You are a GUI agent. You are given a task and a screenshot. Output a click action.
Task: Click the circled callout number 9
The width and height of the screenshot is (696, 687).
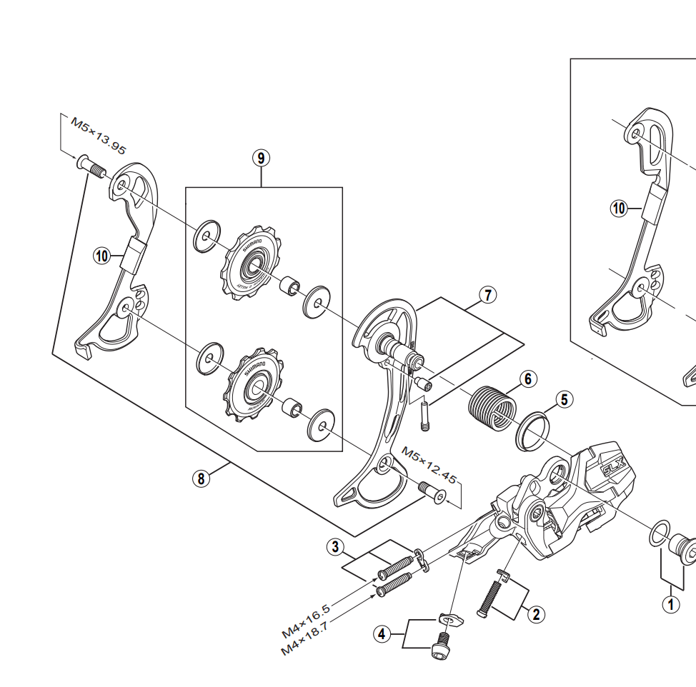(262, 158)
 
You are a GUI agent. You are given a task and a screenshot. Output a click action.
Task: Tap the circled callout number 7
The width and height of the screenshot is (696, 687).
(488, 294)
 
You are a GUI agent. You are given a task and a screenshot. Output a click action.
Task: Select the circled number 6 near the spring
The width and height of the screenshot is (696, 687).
(527, 378)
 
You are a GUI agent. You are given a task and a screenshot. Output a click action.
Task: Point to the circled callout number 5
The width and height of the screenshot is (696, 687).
(565, 398)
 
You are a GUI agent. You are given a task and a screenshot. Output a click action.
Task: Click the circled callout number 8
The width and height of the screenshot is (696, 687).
(202, 478)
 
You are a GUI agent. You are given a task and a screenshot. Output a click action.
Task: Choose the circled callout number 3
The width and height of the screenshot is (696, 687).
(334, 548)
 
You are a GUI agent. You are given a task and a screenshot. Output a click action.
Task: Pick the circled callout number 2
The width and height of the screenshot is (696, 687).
(535, 613)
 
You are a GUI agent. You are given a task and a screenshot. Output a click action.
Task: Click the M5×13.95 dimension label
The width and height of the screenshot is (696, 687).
(98, 135)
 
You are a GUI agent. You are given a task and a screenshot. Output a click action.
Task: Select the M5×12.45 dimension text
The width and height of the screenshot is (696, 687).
(428, 465)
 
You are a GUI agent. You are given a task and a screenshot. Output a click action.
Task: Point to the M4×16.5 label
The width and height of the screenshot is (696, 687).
(306, 621)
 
